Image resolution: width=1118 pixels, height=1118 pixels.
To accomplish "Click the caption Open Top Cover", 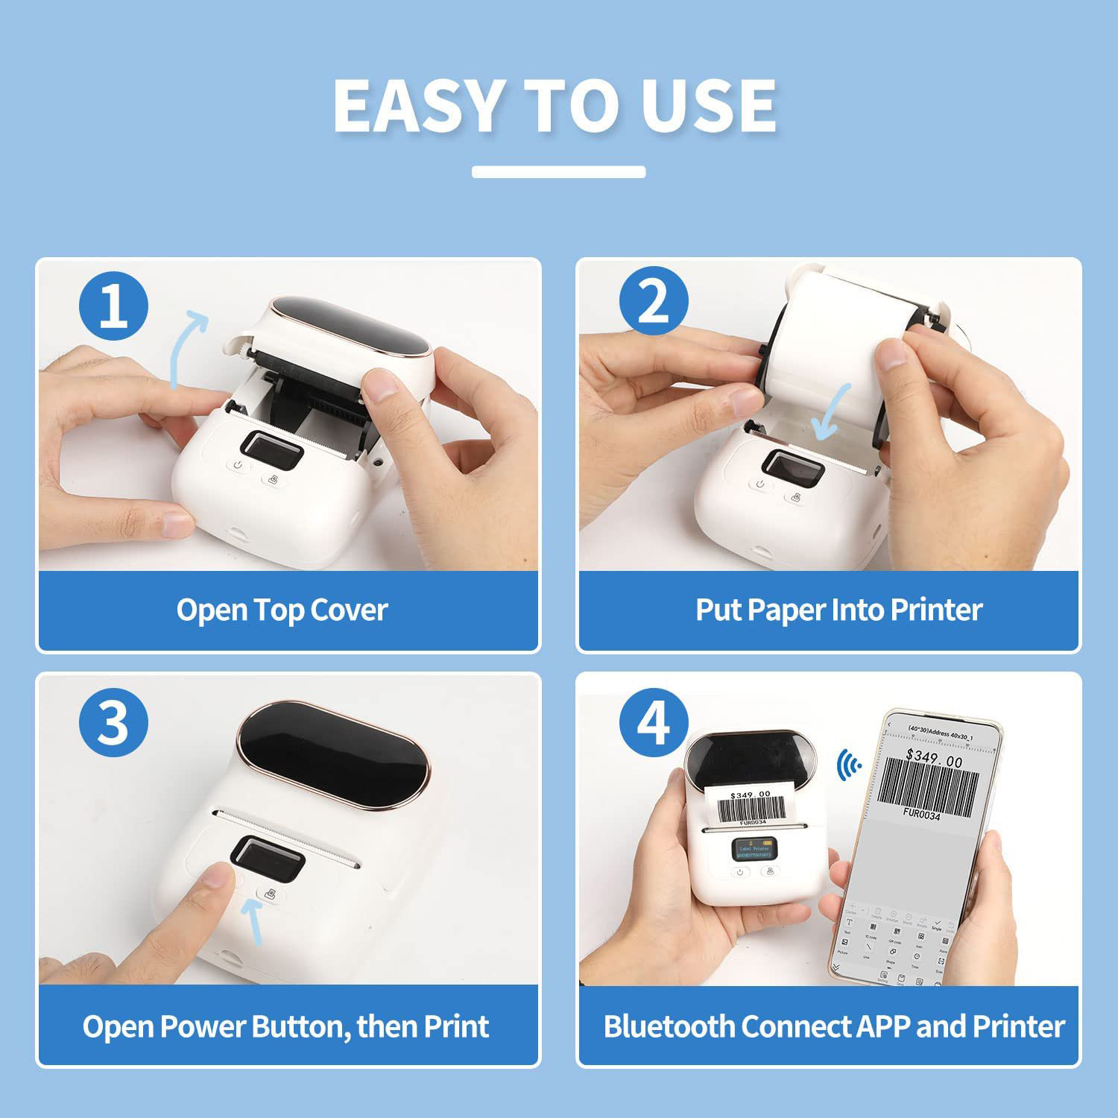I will pyautogui.click(x=282, y=610).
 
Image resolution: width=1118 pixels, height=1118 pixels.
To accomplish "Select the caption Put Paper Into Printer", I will pyautogui.click(x=838, y=610).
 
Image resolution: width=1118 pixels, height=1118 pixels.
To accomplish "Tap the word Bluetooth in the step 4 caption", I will pyautogui.click(x=669, y=1026).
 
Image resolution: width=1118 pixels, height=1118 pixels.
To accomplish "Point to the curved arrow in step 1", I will pyautogui.click(x=186, y=347).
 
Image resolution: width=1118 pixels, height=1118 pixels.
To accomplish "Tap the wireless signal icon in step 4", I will pyautogui.click(x=848, y=765).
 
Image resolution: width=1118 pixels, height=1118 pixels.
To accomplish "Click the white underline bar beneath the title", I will pyautogui.click(x=558, y=172).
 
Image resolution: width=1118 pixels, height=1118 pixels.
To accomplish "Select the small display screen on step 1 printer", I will pyautogui.click(x=273, y=451).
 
